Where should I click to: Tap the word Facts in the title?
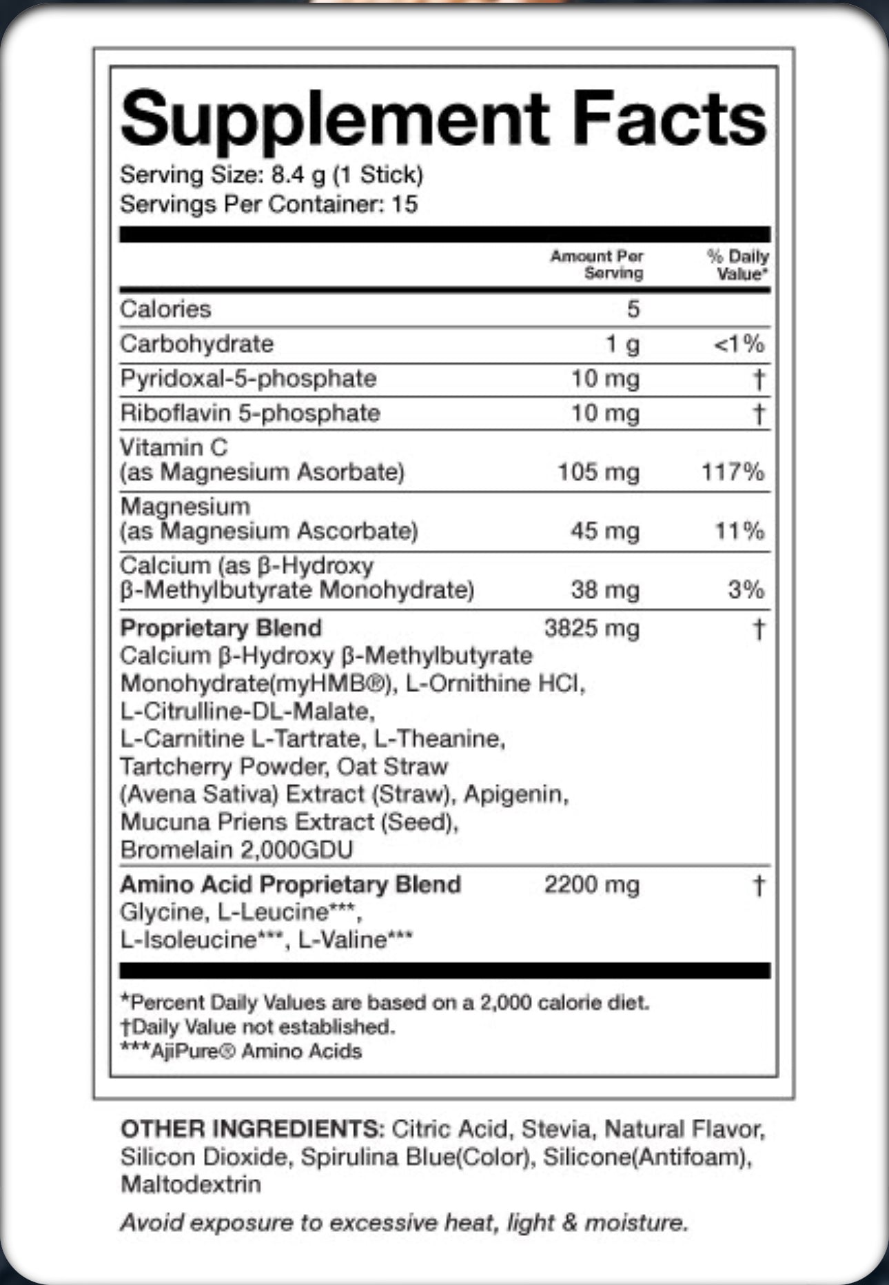tap(669, 119)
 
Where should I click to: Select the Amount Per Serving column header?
tap(597, 265)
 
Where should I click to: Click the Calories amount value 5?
tap(633, 309)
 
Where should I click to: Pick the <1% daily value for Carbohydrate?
tap(739, 343)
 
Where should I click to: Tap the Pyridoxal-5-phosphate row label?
tap(248, 378)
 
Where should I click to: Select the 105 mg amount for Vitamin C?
tap(598, 472)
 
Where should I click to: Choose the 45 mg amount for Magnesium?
tap(604, 531)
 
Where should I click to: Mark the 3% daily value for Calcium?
tap(746, 590)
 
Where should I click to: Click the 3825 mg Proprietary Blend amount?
tap(591, 628)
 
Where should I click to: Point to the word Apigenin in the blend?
tap(515, 794)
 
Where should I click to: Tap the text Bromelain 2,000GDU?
tap(236, 849)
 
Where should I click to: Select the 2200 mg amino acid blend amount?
tap(591, 884)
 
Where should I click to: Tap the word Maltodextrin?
tap(191, 1184)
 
